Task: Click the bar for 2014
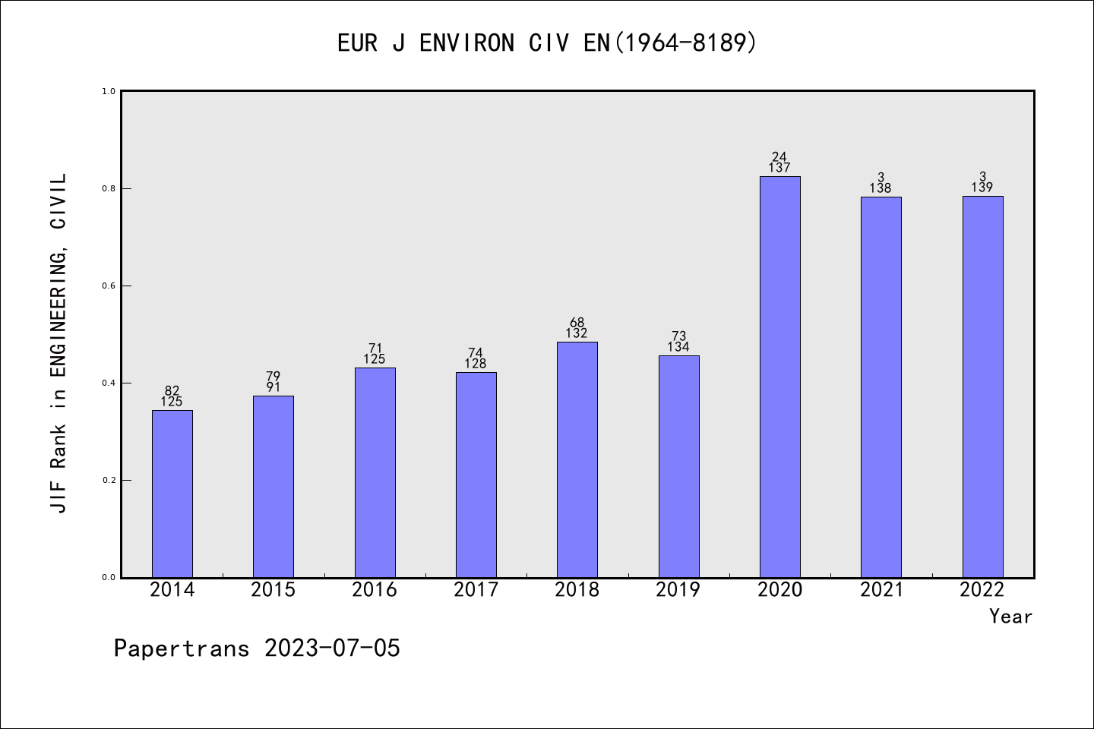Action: click(172, 494)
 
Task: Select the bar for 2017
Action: click(476, 475)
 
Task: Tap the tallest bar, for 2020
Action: click(779, 377)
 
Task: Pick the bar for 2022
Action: click(982, 387)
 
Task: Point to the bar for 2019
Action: click(678, 466)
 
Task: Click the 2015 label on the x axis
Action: click(273, 590)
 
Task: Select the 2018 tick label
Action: click(577, 590)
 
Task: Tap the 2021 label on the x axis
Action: click(881, 590)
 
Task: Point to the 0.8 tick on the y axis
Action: click(109, 188)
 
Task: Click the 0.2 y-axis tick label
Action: click(109, 480)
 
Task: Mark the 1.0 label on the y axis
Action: click(109, 91)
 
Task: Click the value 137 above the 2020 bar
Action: click(779, 168)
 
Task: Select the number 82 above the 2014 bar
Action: click(172, 391)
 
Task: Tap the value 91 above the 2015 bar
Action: click(273, 387)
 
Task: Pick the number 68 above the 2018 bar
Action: click(577, 323)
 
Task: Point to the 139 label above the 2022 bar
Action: click(982, 188)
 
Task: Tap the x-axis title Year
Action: click(1010, 617)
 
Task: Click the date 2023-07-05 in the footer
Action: click(332, 649)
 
